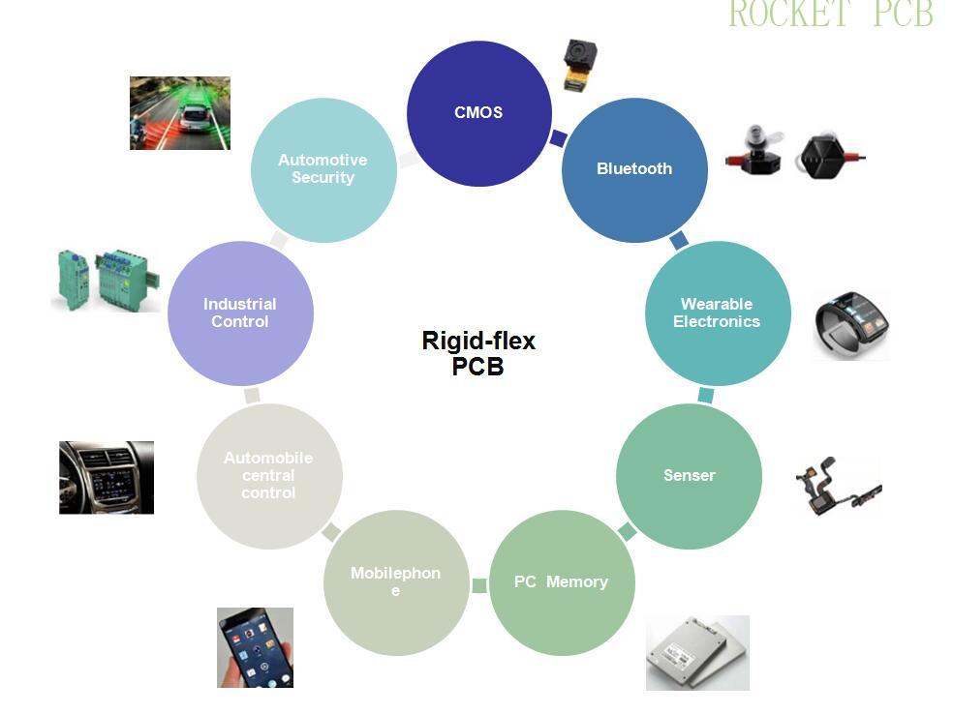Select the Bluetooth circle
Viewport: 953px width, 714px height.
tap(634, 169)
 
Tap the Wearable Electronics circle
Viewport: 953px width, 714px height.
tap(717, 312)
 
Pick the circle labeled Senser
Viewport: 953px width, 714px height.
tap(689, 475)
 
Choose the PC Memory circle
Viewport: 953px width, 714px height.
tap(562, 582)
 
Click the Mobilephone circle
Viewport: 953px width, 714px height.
tap(395, 581)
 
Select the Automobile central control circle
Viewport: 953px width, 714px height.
tap(268, 475)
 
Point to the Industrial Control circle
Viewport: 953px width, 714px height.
tap(240, 312)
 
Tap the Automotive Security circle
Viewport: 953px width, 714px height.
tap(323, 169)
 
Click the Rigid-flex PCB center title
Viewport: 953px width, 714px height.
tap(478, 353)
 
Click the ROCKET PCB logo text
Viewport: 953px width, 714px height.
tap(830, 15)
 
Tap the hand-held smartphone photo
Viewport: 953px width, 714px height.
tap(255, 647)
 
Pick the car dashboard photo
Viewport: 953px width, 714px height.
tap(107, 477)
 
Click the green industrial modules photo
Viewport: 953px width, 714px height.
tap(105, 280)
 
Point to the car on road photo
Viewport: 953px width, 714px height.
tap(180, 113)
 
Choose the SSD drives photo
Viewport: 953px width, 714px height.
tap(697, 653)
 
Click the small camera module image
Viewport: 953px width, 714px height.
tap(579, 65)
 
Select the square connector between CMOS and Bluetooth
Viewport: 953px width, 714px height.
tap(558, 138)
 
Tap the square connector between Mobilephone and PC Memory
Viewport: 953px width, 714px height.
tap(479, 585)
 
